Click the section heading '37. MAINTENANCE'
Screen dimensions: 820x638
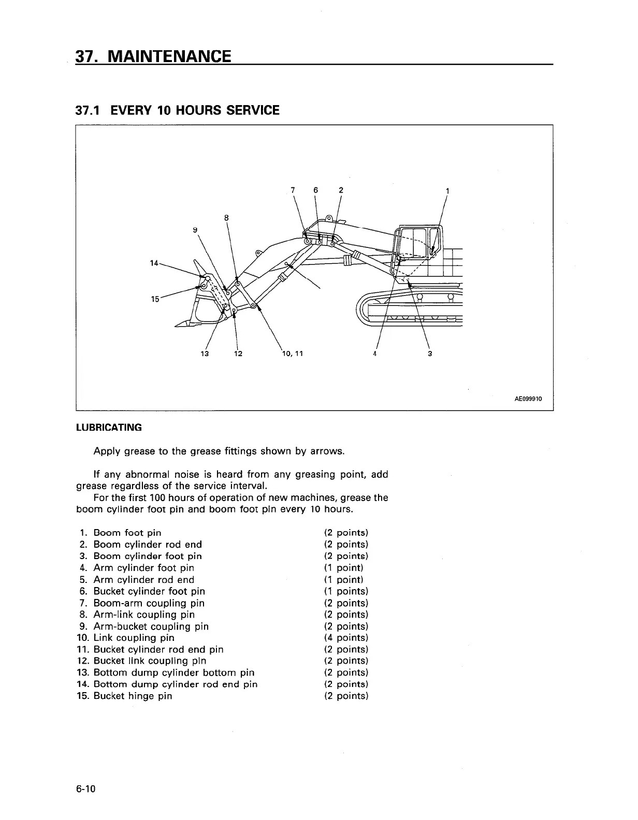(x=153, y=56)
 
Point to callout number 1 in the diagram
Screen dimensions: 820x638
(x=447, y=191)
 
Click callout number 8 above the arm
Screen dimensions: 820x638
(x=227, y=218)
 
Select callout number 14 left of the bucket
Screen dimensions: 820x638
(x=154, y=263)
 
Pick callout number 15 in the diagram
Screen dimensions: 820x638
(x=154, y=299)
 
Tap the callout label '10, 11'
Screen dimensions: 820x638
(x=292, y=354)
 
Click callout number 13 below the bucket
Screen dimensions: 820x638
(x=204, y=354)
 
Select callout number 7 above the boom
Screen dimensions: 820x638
(x=293, y=189)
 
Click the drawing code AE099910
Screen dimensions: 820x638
(x=528, y=399)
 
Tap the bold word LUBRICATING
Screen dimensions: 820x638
(x=109, y=428)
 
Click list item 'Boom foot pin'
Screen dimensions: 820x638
(x=127, y=533)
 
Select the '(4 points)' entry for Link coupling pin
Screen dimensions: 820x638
(x=346, y=638)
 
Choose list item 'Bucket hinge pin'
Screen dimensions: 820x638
(x=133, y=696)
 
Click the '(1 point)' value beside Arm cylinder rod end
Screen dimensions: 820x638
(x=344, y=580)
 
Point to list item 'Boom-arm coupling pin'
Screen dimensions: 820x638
(x=149, y=603)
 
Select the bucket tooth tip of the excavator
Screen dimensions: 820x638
(x=177, y=325)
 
